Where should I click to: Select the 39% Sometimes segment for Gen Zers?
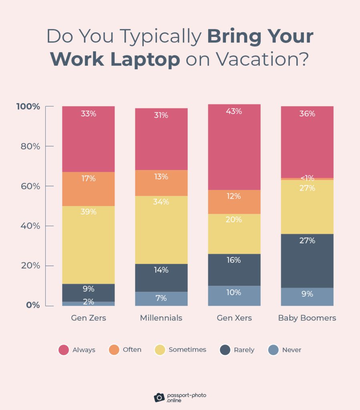point(88,245)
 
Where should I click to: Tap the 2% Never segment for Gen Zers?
point(88,303)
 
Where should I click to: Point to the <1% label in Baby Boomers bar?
point(307,178)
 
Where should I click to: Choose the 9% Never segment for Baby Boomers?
point(307,297)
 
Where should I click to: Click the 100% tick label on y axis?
point(28,107)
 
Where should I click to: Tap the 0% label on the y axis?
point(33,305)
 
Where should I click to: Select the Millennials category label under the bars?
point(161,318)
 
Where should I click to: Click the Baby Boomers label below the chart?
point(307,318)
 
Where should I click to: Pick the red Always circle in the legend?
point(64,350)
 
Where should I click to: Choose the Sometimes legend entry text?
point(187,350)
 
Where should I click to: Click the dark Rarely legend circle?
point(225,350)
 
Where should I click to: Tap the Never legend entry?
point(292,350)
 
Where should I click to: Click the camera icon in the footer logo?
point(159,397)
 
